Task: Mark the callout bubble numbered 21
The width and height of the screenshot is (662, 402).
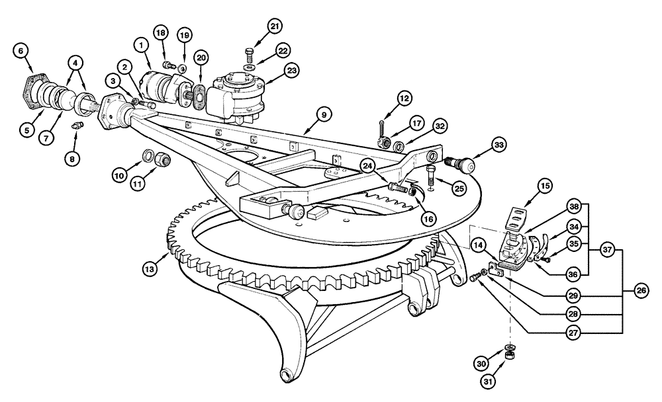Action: tap(275, 26)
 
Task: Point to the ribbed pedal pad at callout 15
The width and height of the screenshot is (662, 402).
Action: tap(520, 217)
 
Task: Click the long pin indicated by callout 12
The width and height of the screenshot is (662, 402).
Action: tap(383, 128)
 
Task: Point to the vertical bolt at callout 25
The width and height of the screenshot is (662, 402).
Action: tap(431, 177)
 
